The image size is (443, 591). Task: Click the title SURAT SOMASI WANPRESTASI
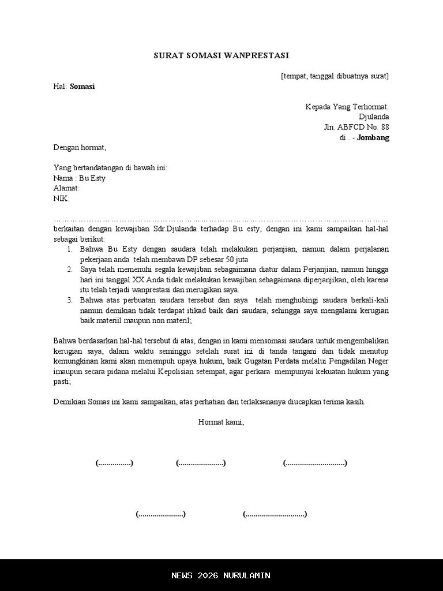point(221,55)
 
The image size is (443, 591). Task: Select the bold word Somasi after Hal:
point(82,87)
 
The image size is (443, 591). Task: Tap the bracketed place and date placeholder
point(335,76)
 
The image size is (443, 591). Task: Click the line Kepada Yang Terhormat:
point(347,107)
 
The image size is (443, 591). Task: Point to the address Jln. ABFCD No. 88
point(356,128)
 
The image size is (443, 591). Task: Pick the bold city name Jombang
point(373,138)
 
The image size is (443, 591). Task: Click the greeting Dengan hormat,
point(80,148)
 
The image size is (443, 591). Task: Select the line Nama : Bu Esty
point(79,178)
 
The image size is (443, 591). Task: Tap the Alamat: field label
point(66,188)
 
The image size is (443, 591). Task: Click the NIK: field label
point(61,199)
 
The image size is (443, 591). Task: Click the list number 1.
point(69,249)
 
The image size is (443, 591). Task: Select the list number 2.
point(69,270)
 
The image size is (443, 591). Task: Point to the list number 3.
point(69,300)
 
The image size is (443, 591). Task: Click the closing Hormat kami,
point(221,422)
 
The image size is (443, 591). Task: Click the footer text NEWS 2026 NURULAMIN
point(221,575)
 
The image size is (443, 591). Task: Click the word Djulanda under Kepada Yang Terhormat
point(373,117)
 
